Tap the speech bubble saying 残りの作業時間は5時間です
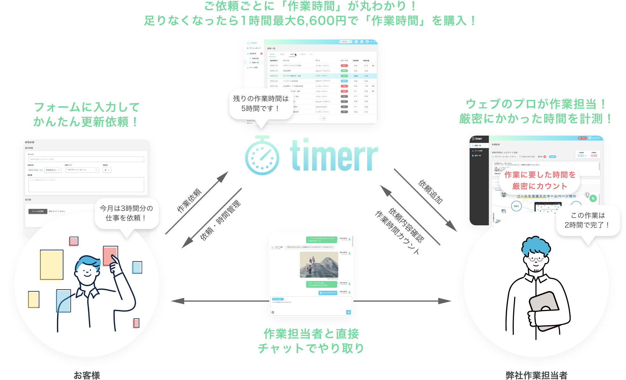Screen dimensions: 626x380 [260, 104]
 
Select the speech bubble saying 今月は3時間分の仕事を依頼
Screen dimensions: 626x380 [126, 213]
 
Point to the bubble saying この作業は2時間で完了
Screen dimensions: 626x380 [588, 220]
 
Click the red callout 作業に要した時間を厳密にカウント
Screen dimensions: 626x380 [540, 180]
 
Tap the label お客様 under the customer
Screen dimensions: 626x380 [87, 375]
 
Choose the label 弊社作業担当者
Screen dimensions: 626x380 [536, 375]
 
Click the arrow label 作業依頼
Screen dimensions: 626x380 [189, 201]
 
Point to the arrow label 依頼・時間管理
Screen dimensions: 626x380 [220, 220]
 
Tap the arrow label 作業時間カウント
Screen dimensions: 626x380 [397, 232]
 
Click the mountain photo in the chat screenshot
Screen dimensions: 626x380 [319, 264]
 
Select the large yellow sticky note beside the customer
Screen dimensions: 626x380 [52, 265]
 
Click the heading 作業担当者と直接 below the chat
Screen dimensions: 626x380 [311, 334]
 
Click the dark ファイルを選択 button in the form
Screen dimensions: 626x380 [38, 211]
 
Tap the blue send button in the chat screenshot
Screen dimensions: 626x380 [348, 312]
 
